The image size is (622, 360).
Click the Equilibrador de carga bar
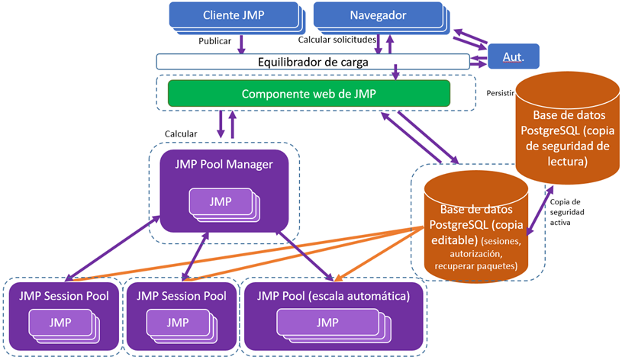(312, 61)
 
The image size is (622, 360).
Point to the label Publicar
(214, 41)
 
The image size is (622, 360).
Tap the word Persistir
(500, 93)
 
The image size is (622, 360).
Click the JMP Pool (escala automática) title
(334, 296)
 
